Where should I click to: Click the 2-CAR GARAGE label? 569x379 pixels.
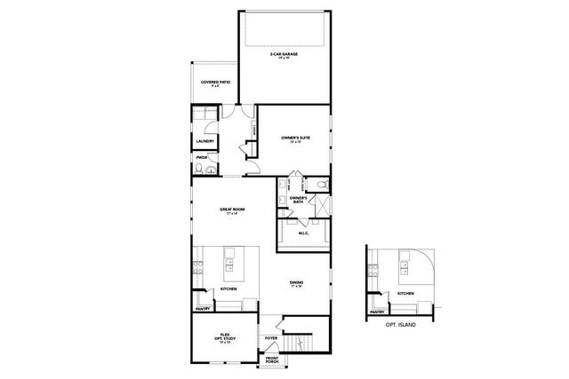[284, 56]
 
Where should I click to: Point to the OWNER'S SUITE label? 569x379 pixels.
[295, 138]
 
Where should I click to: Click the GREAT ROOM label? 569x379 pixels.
[232, 210]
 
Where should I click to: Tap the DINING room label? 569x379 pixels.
[296, 283]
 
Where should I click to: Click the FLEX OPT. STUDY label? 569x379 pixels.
[226, 337]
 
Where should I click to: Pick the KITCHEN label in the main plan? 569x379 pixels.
[228, 289]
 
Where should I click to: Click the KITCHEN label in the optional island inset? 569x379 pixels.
[405, 293]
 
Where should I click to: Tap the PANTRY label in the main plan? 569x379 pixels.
[203, 309]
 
